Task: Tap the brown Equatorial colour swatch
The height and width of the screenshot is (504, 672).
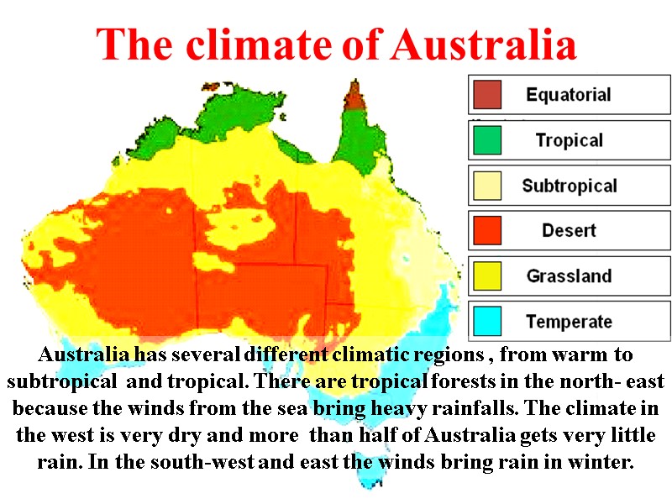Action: coord(487,95)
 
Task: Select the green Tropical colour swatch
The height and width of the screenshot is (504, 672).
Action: coord(487,140)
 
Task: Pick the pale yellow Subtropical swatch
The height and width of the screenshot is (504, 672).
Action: coord(487,186)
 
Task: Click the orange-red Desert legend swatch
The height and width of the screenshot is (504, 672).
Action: coord(487,230)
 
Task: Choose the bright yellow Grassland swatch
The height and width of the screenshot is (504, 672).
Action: coord(487,276)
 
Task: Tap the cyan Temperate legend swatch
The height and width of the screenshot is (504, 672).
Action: coord(487,321)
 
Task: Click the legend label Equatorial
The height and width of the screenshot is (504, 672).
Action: coord(569,95)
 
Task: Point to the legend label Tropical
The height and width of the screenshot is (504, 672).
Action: coord(569,140)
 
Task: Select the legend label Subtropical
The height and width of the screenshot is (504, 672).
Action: coord(569,186)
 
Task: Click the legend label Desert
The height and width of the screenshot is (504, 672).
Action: coord(569,230)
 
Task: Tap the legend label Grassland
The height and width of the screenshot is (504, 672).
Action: coord(569,276)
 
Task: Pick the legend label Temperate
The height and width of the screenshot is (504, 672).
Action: coord(569,321)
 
